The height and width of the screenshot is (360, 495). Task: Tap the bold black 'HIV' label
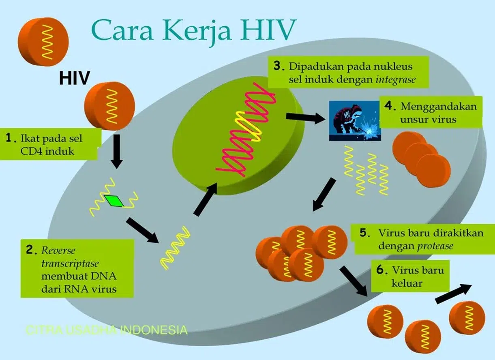tap(75, 78)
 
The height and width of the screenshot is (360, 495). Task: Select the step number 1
tap(9, 138)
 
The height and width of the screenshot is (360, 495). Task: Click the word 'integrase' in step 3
tap(396, 79)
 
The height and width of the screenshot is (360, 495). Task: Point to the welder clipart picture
tap(354, 121)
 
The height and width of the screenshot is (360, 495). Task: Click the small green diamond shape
tap(114, 201)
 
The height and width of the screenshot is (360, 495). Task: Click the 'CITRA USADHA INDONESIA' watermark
tap(107, 330)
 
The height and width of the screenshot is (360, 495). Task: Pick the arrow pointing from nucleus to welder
tap(306, 117)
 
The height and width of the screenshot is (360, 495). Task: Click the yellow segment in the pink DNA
tap(248, 126)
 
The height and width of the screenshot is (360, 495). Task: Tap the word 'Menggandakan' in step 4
tap(439, 107)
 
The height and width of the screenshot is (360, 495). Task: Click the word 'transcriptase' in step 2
tap(70, 264)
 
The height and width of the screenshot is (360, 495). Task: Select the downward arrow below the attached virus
tap(117, 152)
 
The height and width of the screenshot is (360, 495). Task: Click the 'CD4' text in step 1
tap(32, 152)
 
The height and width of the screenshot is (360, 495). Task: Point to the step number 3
tap(278, 66)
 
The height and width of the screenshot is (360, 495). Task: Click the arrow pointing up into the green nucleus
tap(205, 199)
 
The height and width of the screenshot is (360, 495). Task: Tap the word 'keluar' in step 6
tap(407, 283)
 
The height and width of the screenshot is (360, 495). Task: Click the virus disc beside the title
tap(43, 42)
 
